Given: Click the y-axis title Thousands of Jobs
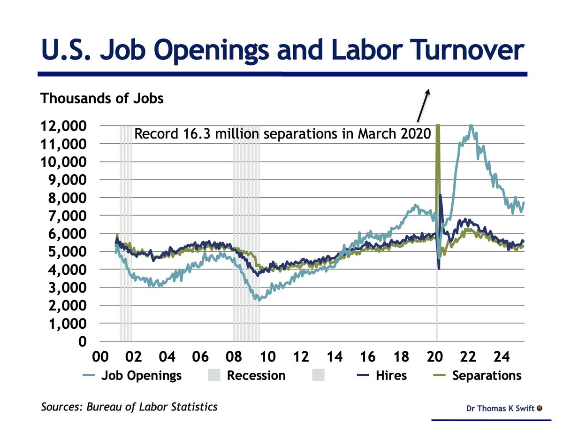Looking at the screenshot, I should pyautogui.click(x=102, y=99).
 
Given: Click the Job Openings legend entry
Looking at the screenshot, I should pyautogui.click(x=141, y=376).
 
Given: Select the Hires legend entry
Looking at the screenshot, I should pyautogui.click(x=391, y=376).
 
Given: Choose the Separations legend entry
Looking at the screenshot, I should pyautogui.click(x=487, y=376).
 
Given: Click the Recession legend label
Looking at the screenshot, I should pyautogui.click(x=256, y=376).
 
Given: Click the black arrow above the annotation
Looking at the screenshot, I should pyautogui.click(x=422, y=106).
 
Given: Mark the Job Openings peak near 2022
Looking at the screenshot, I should pyautogui.click(x=471, y=126).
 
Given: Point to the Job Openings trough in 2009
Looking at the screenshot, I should pyautogui.click(x=258, y=299).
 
